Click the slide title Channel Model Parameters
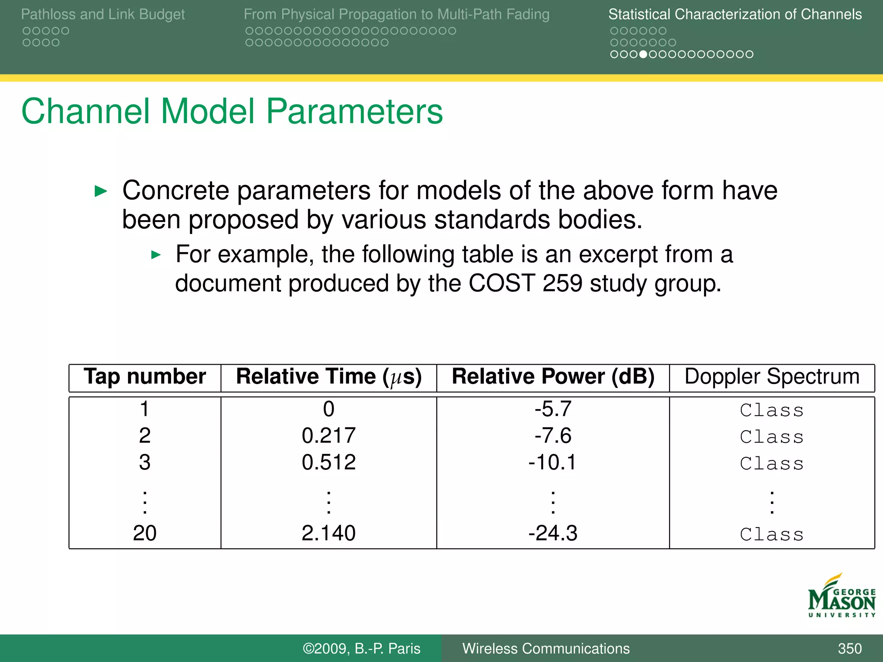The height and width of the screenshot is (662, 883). (x=232, y=112)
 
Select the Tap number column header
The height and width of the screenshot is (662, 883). (x=145, y=377)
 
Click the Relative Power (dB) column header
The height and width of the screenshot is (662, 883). (x=553, y=377)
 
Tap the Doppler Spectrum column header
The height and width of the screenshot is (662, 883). (x=772, y=377)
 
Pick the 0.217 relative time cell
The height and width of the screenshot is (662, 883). (x=329, y=436)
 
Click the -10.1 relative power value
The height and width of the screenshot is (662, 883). (x=552, y=462)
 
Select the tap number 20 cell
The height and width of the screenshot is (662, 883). (x=144, y=533)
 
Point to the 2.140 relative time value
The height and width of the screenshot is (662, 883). (x=329, y=533)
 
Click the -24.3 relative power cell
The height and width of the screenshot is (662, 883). (x=553, y=533)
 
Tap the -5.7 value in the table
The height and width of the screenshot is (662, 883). (x=553, y=409)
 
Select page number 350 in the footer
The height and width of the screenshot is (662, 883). (x=849, y=649)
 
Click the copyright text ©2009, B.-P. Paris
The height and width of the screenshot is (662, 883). (x=361, y=649)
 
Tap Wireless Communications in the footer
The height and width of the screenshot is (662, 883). (x=546, y=649)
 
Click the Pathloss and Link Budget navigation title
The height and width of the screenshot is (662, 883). (x=103, y=14)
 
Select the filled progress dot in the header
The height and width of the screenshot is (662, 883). (x=643, y=54)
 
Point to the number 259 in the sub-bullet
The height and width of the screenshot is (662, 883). (x=562, y=284)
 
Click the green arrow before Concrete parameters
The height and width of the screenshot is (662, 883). (x=101, y=191)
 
